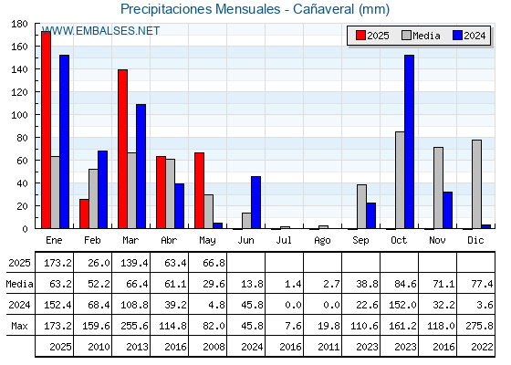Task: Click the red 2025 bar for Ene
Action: pyautogui.click(x=46, y=130)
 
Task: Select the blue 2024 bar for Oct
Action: pyautogui.click(x=410, y=141)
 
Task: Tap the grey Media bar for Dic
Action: pyautogui.click(x=476, y=184)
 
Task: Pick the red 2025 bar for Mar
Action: pyautogui.click(x=122, y=149)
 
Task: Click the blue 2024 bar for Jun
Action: pyautogui.click(x=255, y=203)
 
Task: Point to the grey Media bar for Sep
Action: pyautogui.click(x=361, y=206)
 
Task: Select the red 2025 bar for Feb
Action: pyautogui.click(x=84, y=214)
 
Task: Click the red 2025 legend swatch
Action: pyautogui.click(x=360, y=36)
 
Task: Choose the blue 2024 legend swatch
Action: pyautogui.click(x=457, y=36)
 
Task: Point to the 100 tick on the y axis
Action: pyautogui.click(x=19, y=115)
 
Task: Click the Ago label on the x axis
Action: pyautogui.click(x=322, y=241)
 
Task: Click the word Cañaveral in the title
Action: pyautogui.click(x=323, y=9)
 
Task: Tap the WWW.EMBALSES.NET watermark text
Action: pyautogui.click(x=100, y=31)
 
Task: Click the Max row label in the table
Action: pyautogui.click(x=19, y=326)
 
